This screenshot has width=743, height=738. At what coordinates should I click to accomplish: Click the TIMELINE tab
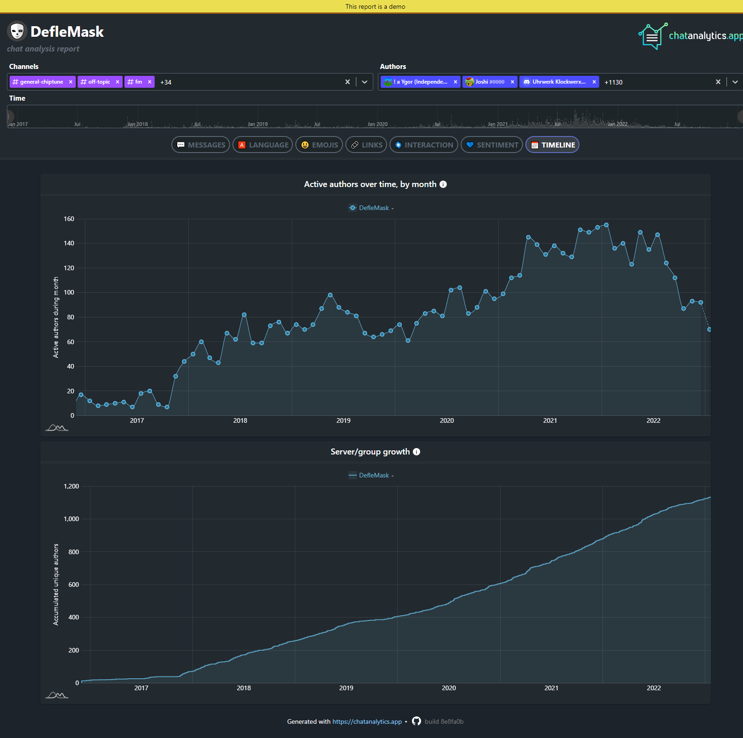(552, 145)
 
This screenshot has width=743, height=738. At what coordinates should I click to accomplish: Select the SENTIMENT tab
(492, 145)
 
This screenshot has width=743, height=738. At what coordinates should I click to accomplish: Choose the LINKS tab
(366, 145)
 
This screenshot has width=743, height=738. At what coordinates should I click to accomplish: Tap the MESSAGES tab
(201, 145)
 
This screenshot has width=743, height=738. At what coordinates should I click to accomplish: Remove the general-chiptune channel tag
(71, 82)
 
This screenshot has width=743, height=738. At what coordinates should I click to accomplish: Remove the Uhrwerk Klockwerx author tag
(594, 82)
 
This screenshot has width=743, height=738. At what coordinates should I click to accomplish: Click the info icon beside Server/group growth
(417, 452)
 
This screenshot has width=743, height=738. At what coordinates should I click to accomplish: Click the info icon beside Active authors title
(443, 184)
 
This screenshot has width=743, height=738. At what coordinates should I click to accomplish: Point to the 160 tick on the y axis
(69, 219)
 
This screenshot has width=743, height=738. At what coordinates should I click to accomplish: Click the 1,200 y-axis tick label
(71, 486)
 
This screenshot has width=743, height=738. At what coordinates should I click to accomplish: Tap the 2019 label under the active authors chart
(343, 420)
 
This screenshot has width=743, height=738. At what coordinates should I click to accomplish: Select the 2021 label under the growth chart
(552, 688)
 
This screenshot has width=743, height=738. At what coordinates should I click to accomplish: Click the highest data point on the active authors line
(606, 225)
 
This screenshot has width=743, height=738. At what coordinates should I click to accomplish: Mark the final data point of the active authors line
(709, 329)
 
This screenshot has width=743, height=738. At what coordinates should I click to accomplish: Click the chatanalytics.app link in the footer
(367, 721)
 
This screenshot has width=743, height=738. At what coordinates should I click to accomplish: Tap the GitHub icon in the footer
(417, 721)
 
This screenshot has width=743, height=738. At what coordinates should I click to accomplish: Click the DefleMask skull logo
(17, 31)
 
